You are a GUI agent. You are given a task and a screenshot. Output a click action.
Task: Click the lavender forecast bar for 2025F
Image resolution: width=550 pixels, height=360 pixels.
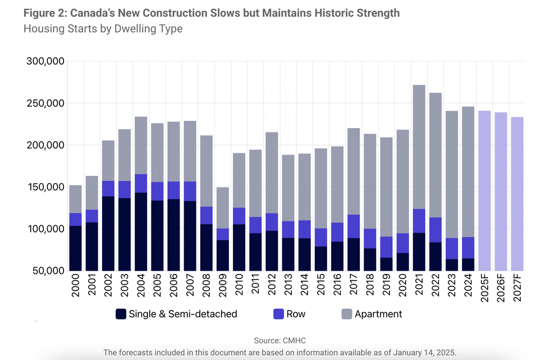tap(484, 190)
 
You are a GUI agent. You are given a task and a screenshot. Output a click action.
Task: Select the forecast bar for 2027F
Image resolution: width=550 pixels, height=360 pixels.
tap(516, 194)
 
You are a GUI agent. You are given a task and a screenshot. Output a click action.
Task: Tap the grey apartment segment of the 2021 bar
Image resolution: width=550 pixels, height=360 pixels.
tap(419, 147)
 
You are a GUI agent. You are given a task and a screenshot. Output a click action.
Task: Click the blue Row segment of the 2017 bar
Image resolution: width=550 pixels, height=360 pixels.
tap(354, 226)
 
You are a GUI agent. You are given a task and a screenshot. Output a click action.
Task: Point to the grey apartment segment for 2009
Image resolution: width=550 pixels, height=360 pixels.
tap(223, 208)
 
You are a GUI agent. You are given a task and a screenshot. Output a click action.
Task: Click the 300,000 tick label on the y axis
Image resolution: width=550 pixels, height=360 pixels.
tap(46, 61)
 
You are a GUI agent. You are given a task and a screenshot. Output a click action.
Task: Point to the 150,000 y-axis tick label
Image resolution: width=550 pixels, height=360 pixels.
tap(46, 187)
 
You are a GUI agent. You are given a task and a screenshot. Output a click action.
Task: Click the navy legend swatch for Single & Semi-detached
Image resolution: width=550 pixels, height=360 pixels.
tap(121, 314)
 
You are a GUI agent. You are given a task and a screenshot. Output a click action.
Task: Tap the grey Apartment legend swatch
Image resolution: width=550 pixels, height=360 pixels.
tap(346, 314)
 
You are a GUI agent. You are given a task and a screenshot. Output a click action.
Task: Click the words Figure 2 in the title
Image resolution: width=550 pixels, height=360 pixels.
tap(44, 12)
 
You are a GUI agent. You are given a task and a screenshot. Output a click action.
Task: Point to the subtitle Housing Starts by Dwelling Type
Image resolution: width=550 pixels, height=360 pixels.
tap(103, 29)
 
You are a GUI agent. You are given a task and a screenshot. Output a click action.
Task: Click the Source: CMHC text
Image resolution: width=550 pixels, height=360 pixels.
tap(279, 340)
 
